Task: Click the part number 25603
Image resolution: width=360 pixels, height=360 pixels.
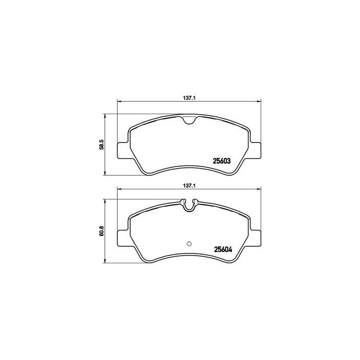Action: [x=221, y=160]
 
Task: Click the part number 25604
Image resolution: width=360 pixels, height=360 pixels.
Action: [x=221, y=251]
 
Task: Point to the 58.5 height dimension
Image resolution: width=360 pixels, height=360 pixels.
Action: [x=102, y=145]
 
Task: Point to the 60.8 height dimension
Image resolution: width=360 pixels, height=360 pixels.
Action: [x=102, y=237]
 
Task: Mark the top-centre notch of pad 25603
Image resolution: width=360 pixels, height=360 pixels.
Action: [x=189, y=121]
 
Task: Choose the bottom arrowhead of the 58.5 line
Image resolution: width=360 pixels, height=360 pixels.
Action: [x=106, y=174]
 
